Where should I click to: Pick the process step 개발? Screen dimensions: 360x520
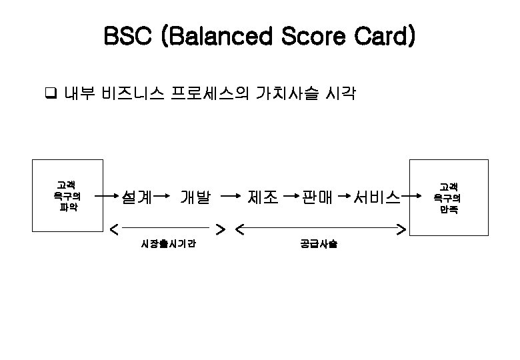point(195,197)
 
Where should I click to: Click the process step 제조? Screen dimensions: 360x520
point(263,197)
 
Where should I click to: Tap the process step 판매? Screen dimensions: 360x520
point(317,197)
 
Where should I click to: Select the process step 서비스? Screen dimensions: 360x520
point(377,197)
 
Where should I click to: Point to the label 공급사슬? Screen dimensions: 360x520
point(319,244)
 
